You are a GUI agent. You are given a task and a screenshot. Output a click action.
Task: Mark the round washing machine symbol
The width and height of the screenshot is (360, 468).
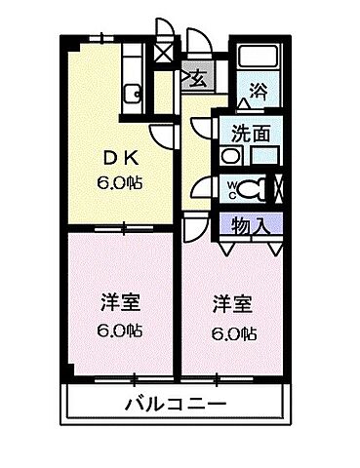click(230, 155)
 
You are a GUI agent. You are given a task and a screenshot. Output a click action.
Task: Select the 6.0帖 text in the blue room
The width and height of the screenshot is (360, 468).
click(235, 332)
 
